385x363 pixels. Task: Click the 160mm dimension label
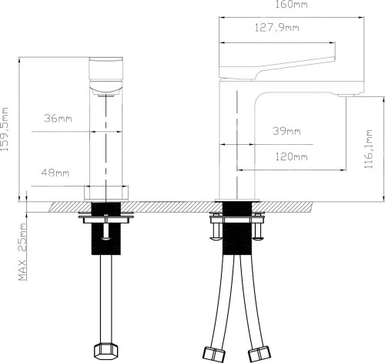[x=291, y=5]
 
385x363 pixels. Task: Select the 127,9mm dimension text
[x=277, y=28]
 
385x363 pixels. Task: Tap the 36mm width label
[x=58, y=119]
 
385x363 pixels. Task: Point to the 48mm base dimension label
[x=55, y=173]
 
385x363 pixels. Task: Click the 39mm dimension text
[x=286, y=131]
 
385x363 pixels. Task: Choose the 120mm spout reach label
[x=291, y=156]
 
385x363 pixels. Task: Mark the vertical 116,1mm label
[x=369, y=149]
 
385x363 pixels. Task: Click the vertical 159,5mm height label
[x=5, y=129]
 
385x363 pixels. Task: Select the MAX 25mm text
[x=22, y=252]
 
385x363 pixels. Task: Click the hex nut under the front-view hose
[x=106, y=351]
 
